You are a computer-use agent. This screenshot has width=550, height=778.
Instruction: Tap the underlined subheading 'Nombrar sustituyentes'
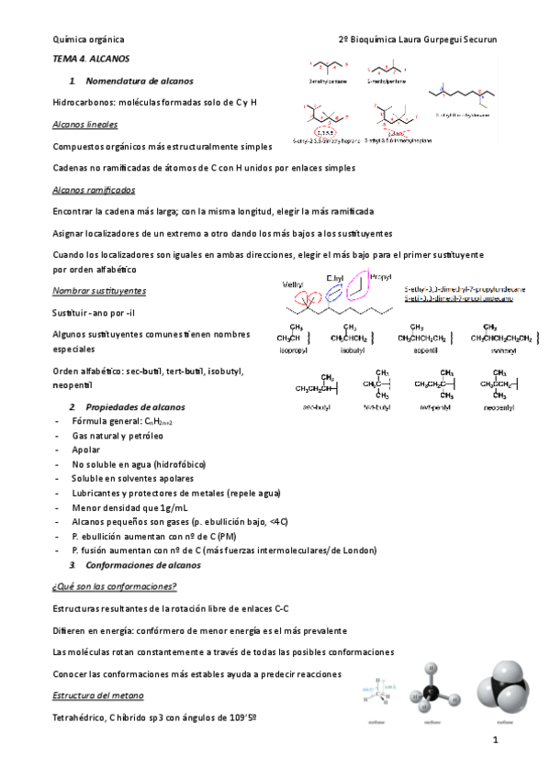(99, 291)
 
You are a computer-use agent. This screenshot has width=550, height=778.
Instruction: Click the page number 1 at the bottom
(494, 739)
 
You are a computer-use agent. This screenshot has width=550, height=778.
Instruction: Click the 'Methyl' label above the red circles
(293, 283)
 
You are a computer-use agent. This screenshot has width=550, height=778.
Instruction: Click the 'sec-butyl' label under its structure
(313, 406)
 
